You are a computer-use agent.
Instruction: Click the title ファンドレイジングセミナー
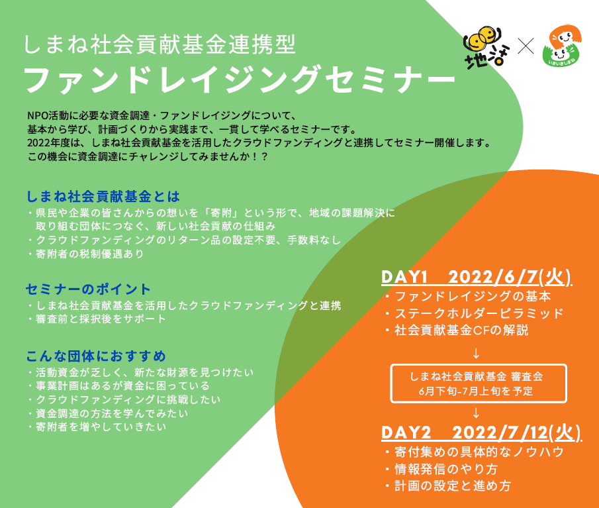[x=240, y=79]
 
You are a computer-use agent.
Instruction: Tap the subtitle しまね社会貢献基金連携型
[x=160, y=44]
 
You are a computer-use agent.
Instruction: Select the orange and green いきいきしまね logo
[x=561, y=45]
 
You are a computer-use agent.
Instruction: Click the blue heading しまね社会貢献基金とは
[x=103, y=197]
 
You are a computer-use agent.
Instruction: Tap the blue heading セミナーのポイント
[x=88, y=289]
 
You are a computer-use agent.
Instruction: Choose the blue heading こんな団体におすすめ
[x=96, y=356]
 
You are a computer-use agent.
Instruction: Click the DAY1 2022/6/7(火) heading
[x=477, y=277]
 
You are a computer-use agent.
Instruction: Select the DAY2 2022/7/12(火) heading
[x=481, y=432]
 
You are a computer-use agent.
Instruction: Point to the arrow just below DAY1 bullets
[x=476, y=353]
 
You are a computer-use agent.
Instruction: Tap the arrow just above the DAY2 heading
[x=476, y=413]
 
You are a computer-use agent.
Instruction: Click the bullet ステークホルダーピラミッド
[x=475, y=313]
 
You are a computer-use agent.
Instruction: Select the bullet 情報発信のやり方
[x=441, y=469]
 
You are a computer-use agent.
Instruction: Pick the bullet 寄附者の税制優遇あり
[x=86, y=254]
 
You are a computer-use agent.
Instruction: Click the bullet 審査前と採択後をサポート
[x=97, y=319]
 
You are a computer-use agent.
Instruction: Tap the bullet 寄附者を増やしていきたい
[x=97, y=427]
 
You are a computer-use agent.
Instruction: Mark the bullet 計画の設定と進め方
[x=447, y=486]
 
